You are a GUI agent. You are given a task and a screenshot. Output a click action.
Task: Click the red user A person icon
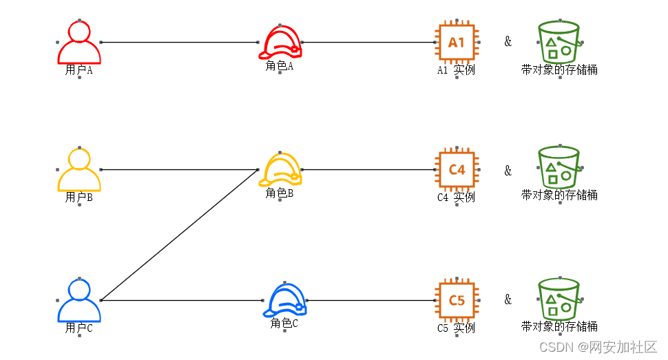(x=79, y=42)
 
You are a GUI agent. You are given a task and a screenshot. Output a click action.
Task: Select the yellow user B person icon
(x=79, y=170)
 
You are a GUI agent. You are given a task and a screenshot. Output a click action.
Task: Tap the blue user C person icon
(x=79, y=301)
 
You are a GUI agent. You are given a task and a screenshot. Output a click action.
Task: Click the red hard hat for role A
(x=280, y=42)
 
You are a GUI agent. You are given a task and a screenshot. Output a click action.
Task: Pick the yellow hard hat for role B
(x=280, y=169)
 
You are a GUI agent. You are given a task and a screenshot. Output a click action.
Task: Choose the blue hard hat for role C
(x=284, y=301)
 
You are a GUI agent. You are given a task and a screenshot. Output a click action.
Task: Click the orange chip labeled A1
(x=457, y=43)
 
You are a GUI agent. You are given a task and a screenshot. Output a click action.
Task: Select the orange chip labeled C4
(x=457, y=169)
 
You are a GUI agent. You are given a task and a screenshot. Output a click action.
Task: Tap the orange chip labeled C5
(x=457, y=301)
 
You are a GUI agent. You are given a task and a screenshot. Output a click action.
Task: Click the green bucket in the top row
(x=559, y=42)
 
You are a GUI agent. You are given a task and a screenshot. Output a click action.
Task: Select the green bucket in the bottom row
(x=559, y=299)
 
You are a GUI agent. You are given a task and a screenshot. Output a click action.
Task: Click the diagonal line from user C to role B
(x=179, y=235)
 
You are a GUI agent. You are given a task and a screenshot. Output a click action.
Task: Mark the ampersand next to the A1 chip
(x=508, y=41)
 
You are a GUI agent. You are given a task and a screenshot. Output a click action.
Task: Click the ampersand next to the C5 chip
(x=508, y=299)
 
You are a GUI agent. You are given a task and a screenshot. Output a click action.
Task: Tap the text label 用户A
(x=79, y=70)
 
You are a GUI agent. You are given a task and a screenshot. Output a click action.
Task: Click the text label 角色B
(x=280, y=193)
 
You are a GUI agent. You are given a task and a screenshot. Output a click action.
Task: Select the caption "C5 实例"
(x=456, y=328)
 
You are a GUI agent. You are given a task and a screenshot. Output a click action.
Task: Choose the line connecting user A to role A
(x=179, y=42)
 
